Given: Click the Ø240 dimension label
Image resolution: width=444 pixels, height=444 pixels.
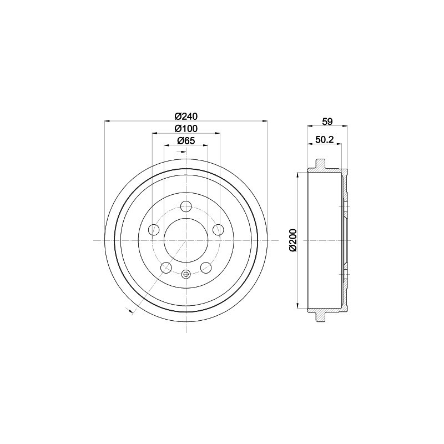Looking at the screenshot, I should [x=186, y=116].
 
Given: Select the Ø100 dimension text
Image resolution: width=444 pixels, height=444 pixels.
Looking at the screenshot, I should [x=186, y=129].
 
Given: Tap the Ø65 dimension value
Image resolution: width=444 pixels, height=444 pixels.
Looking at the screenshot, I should [x=186, y=141].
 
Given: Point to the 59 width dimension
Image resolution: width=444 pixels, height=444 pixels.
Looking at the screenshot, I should [x=327, y=122].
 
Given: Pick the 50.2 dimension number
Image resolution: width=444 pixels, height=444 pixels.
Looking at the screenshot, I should [x=324, y=140].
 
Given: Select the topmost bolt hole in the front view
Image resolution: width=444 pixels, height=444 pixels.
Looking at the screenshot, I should [x=186, y=206].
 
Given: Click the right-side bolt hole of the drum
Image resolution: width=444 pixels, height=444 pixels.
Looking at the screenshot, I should [x=218, y=229].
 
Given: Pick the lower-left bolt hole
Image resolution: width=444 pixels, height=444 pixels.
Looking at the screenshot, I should [x=166, y=268].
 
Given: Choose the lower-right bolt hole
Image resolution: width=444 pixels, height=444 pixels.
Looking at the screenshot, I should [x=206, y=268].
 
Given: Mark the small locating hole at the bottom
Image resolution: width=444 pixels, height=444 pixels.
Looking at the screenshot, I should [x=186, y=273].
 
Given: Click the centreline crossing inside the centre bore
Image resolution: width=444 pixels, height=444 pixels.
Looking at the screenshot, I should [x=186, y=240].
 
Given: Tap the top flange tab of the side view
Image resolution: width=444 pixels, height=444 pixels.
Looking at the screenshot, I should [x=321, y=164].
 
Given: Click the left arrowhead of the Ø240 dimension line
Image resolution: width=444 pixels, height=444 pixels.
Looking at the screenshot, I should [x=107, y=121].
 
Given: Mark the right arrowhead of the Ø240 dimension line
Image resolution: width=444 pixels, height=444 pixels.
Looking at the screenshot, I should [x=265, y=121].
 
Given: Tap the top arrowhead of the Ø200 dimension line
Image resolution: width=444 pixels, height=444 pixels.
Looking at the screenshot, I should [x=300, y=174].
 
